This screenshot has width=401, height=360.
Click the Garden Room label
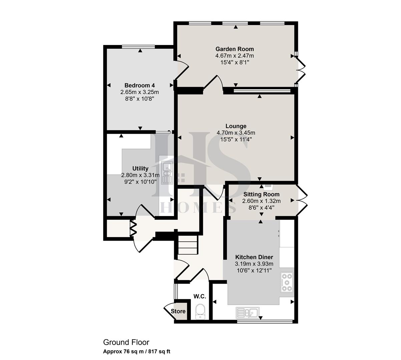234,49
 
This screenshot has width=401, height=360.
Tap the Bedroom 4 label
139,85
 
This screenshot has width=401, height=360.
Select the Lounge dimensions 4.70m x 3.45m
236,133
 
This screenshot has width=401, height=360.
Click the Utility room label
140,168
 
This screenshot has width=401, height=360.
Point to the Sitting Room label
261,194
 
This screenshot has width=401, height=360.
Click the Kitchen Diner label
254,257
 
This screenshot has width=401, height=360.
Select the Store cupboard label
178,311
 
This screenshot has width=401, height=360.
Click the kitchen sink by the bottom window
247,313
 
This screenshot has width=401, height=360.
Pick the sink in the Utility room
166,173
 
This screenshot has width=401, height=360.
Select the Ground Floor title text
126,342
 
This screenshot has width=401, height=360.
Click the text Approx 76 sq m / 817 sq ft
137,351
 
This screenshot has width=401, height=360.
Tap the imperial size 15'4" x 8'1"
235,62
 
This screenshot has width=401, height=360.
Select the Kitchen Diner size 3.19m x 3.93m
254,264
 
